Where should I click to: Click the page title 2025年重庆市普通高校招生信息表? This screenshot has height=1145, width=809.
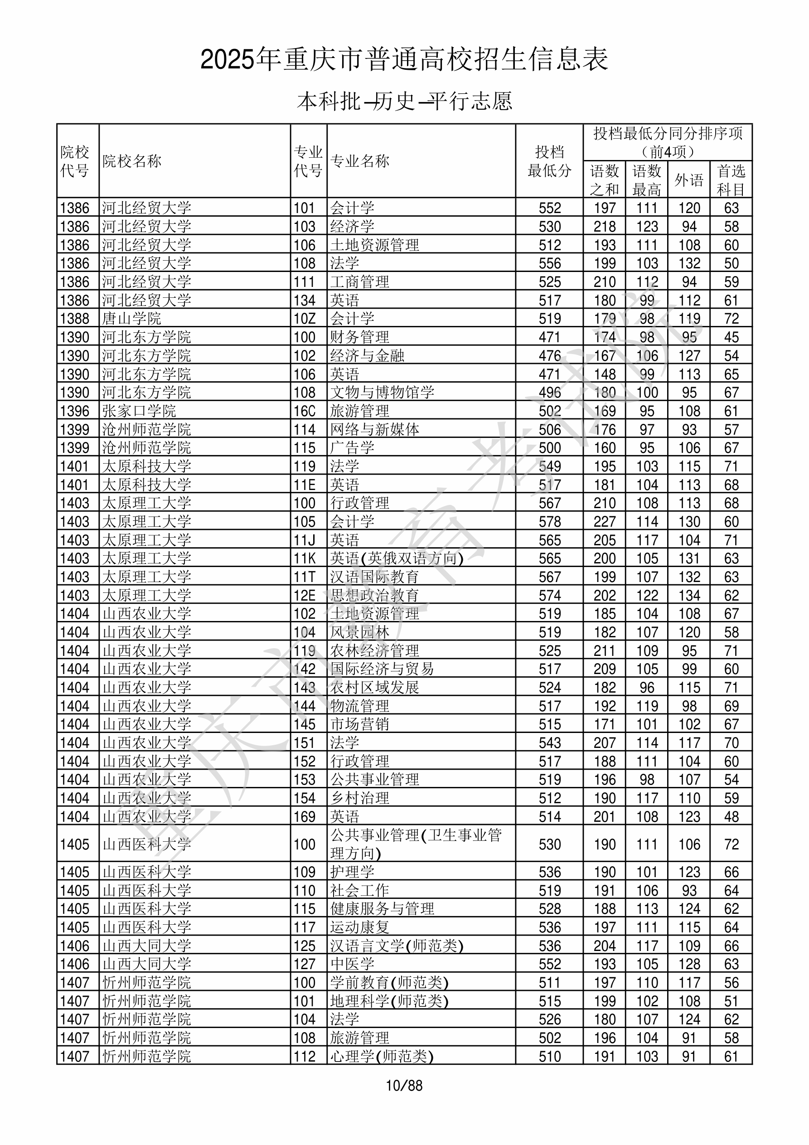click(x=404, y=60)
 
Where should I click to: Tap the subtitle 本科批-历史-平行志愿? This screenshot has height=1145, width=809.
click(x=404, y=101)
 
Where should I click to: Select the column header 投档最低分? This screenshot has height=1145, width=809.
click(x=549, y=161)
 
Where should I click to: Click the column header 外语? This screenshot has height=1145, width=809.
click(x=689, y=180)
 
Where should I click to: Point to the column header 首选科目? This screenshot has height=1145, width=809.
click(x=731, y=180)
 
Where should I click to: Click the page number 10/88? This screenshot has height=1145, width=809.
click(x=404, y=1086)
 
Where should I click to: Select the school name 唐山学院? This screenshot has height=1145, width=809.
click(x=132, y=319)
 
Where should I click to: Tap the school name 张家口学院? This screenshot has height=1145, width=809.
click(x=139, y=411)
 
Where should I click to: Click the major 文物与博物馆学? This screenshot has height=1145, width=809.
click(x=382, y=393)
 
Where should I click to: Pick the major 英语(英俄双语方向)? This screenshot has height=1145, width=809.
click(x=397, y=558)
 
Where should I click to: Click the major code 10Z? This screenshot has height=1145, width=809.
click(x=305, y=319)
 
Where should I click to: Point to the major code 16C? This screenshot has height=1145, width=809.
click(x=305, y=411)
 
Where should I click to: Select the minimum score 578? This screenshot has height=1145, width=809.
click(x=550, y=522)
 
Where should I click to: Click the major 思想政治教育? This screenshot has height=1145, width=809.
click(x=374, y=596)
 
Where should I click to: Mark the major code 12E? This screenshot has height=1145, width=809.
click(x=305, y=596)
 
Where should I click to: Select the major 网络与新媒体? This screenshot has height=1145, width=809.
click(x=374, y=429)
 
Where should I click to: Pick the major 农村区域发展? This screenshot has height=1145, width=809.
click(x=374, y=688)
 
